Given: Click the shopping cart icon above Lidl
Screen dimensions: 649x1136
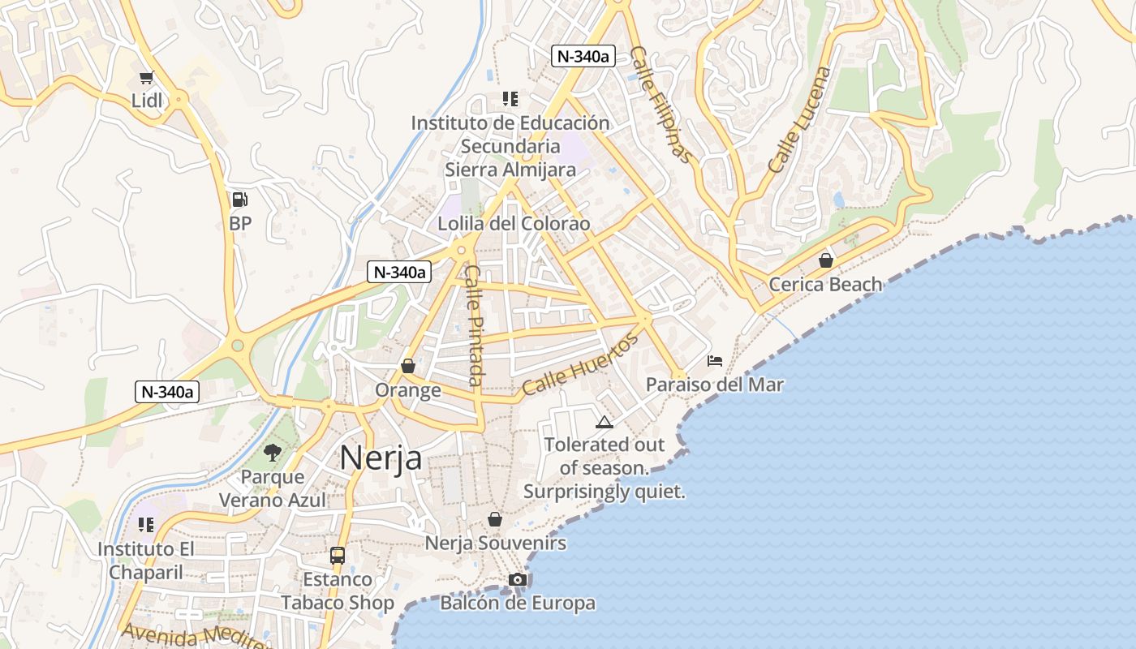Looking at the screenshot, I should [x=146, y=78].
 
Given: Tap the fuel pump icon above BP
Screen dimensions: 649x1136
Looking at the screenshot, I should [x=239, y=199].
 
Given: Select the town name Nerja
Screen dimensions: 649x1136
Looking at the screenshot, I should [x=381, y=458].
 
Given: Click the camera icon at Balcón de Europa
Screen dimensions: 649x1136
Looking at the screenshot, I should [x=517, y=579].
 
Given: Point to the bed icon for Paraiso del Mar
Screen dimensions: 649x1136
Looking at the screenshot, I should [x=715, y=360].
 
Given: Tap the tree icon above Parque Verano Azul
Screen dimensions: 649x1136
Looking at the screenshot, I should [x=273, y=453].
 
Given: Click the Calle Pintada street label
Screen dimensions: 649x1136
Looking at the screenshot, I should [x=475, y=326].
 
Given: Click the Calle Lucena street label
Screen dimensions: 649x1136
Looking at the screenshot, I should [x=800, y=119].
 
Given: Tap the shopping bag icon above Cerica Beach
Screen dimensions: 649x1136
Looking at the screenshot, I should [x=825, y=260].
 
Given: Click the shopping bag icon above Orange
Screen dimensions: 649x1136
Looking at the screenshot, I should [x=408, y=366].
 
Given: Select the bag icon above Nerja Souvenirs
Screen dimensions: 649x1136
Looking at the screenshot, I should [x=495, y=519].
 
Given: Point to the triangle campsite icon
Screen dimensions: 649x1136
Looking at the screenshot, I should [x=604, y=422].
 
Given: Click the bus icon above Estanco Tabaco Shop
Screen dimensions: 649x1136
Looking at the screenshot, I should [x=338, y=556].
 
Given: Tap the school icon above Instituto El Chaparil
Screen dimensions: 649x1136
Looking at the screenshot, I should [x=146, y=525].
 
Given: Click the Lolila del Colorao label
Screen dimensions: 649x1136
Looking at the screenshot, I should [x=514, y=223].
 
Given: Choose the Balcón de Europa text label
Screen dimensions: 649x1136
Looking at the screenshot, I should [x=518, y=603].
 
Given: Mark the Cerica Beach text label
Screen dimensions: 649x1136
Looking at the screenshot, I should [x=825, y=284].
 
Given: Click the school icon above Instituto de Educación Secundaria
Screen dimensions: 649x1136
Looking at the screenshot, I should [x=510, y=99].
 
